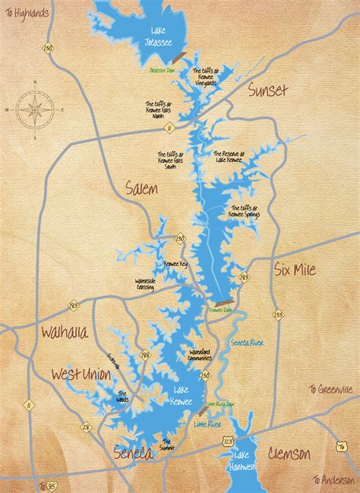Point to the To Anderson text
pyautogui.click(x=334, y=479)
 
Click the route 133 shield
pyautogui.click(x=278, y=314)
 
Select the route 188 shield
pyautogui.click(x=145, y=355)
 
